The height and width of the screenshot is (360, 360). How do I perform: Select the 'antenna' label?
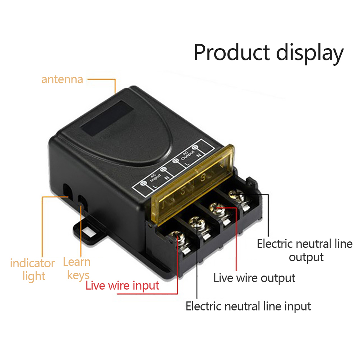click(62, 79)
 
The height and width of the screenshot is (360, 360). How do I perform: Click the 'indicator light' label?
click(32, 269)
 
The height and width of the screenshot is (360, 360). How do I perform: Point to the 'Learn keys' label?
click(77, 268)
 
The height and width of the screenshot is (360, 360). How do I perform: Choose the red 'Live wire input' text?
click(123, 286)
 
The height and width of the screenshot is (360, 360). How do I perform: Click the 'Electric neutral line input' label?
click(248, 306)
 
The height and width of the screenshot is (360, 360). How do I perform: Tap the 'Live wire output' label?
click(254, 278)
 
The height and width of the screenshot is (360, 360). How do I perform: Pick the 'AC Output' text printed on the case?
click(184, 156)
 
